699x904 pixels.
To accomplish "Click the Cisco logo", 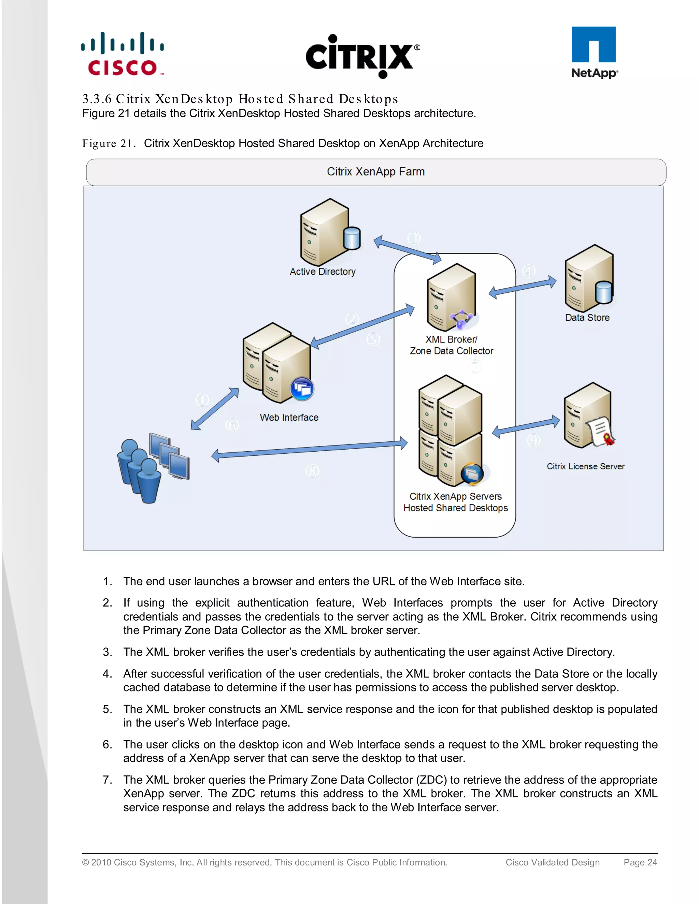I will coord(123,54).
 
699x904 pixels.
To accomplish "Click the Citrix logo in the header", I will coord(362,56).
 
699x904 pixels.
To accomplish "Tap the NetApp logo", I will coord(594,53).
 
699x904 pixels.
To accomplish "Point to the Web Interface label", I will coord(289,417).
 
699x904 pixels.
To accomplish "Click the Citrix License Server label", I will coord(585,466).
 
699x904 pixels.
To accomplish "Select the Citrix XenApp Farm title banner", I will coord(375,172).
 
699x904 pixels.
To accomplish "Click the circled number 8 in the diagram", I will coord(312,471).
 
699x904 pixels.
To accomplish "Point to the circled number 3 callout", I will coord(414,238).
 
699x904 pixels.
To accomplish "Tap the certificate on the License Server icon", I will coord(601,432).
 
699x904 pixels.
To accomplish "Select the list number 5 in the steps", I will coord(107,709).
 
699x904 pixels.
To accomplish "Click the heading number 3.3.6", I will coord(97,99).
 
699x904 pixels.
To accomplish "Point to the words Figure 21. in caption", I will coord(109,144).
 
